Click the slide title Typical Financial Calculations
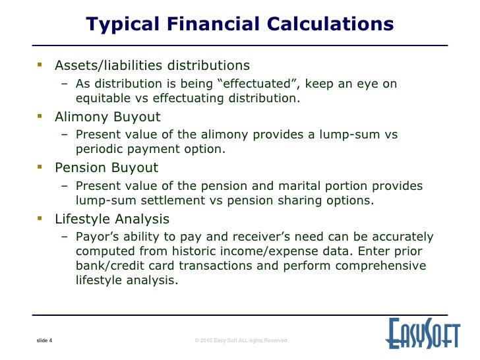(240, 24)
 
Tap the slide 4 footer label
(44, 340)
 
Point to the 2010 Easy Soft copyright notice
(241, 340)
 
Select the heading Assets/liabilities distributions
(152, 66)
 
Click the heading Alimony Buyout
(107, 117)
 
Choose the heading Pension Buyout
(106, 168)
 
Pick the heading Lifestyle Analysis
(112, 219)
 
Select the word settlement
(170, 200)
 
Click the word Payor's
(97, 237)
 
